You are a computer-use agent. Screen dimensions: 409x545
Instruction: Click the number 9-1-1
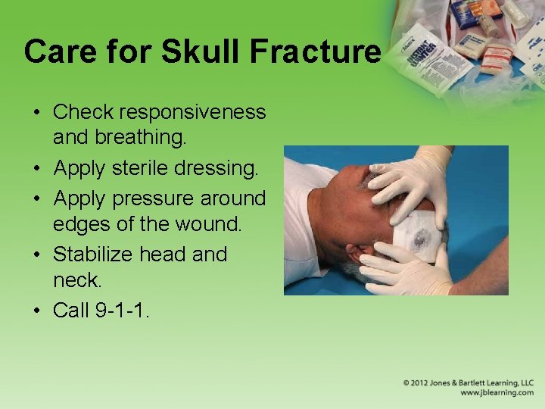tap(122, 311)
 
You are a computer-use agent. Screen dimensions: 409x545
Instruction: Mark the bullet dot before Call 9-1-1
tap(37, 311)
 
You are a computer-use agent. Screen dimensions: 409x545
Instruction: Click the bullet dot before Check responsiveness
tap(37, 113)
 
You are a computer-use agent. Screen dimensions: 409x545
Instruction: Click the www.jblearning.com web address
tap(497, 392)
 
